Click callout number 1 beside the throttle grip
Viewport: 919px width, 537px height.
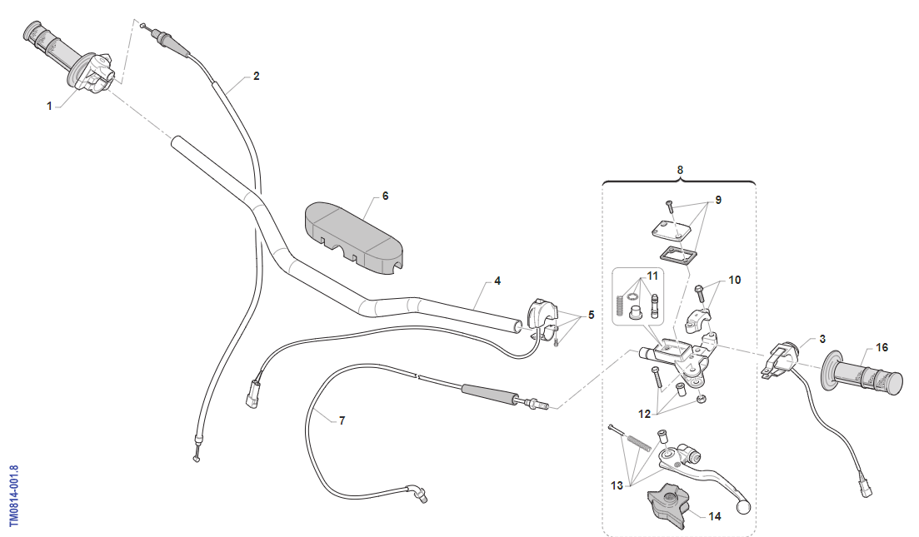click(x=49, y=106)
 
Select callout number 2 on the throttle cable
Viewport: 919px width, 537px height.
click(x=256, y=76)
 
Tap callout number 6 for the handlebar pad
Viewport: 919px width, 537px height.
click(x=385, y=196)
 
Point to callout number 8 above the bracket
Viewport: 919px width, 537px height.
click(x=680, y=170)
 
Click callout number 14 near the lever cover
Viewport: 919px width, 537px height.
click(x=714, y=515)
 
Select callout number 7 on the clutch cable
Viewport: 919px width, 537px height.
click(x=341, y=420)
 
